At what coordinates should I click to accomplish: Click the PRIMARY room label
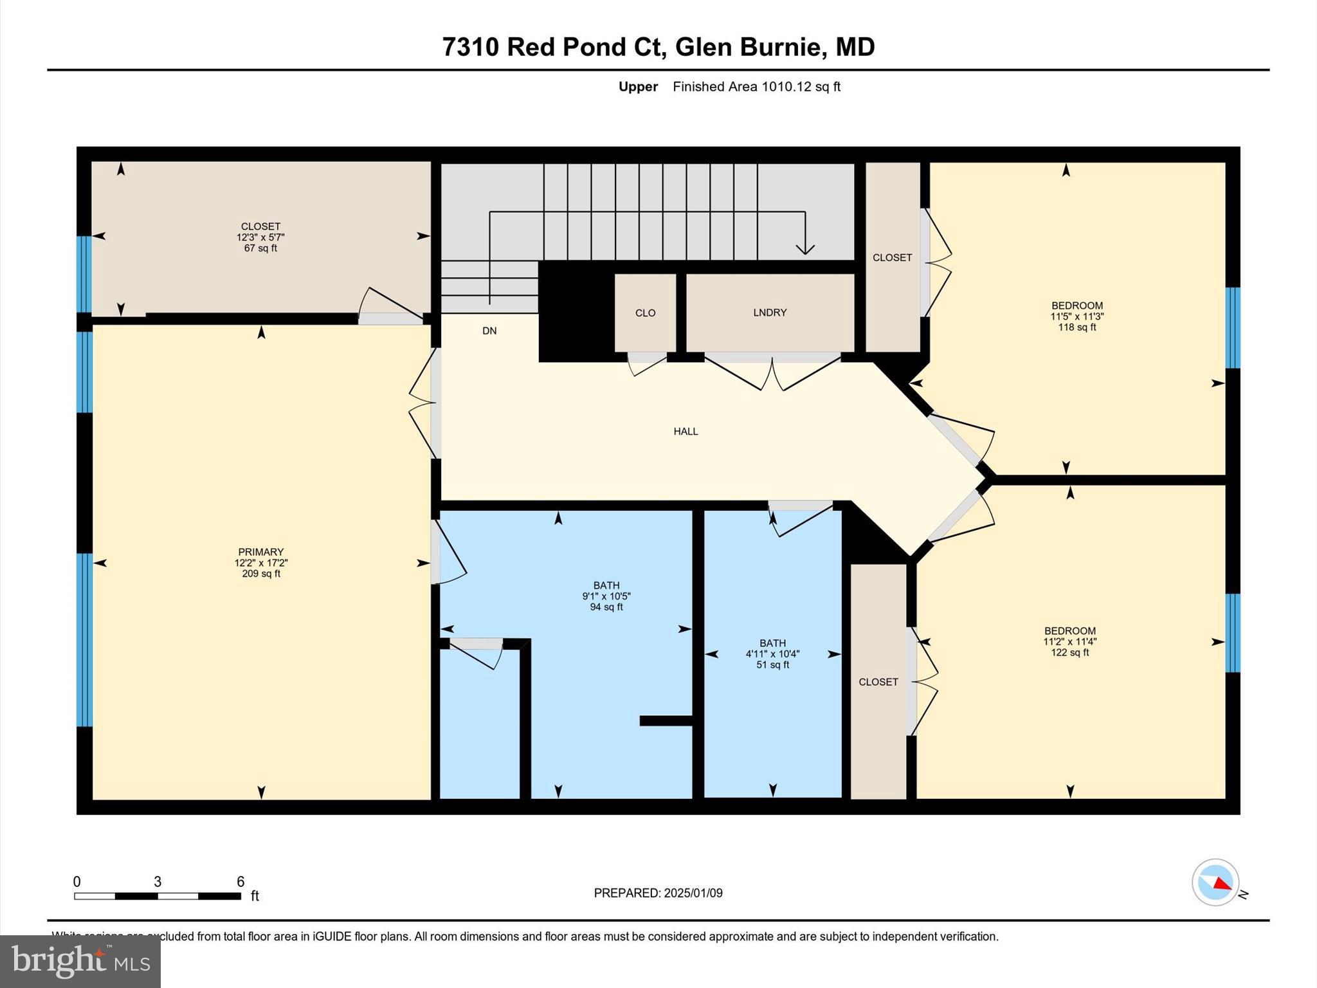(260, 552)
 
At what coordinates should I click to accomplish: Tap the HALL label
(686, 432)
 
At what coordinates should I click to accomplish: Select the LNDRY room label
(770, 313)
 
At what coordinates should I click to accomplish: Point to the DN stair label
(489, 331)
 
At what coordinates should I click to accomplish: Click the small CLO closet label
(645, 313)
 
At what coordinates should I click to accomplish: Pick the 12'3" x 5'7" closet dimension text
(260, 237)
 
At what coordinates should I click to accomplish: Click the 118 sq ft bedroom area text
(1076, 327)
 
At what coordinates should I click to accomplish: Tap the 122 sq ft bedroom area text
(1069, 653)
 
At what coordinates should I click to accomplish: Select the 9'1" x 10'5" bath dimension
(606, 596)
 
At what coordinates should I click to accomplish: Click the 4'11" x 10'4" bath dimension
(772, 654)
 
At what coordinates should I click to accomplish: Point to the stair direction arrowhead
(805, 249)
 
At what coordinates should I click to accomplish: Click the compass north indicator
(1215, 883)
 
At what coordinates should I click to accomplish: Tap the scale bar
(158, 896)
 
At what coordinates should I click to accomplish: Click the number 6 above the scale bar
(241, 882)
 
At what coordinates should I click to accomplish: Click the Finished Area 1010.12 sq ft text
(756, 87)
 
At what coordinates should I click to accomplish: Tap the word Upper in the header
(638, 87)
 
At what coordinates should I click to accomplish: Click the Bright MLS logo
(80, 961)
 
